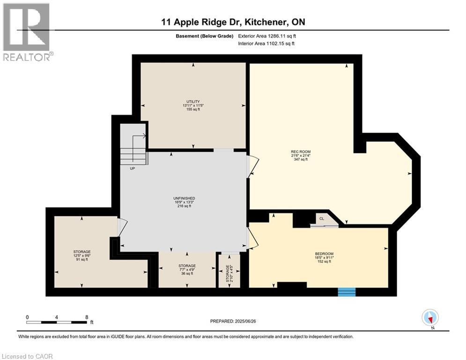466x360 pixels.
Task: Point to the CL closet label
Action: click(322, 219)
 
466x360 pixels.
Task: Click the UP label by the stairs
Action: click(133, 168)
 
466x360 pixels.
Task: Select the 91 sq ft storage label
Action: click(82, 255)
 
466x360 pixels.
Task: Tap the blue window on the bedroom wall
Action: click(347, 292)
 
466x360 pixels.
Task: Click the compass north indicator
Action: click(429, 317)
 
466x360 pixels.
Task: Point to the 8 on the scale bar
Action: click(87, 317)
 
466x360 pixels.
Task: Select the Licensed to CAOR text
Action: click(28, 356)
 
